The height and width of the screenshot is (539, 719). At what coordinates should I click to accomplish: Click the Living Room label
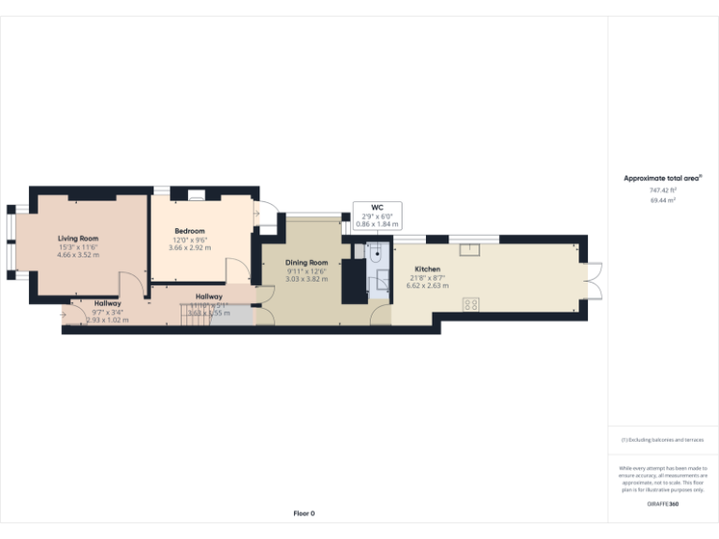coord(78,239)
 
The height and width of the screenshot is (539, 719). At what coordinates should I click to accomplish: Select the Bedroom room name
coord(189,231)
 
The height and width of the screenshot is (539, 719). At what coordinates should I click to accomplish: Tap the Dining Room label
coord(307,263)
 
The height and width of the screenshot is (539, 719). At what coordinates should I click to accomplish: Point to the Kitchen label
coord(427,269)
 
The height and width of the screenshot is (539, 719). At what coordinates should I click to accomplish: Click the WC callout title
coord(377,208)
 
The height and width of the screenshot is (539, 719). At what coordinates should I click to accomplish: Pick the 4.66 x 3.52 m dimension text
coord(78,255)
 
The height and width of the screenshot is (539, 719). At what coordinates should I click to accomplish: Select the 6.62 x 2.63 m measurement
coord(427,285)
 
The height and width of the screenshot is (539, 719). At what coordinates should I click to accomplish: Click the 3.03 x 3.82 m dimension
coord(307,279)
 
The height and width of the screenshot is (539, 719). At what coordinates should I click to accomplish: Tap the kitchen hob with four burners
coord(471,304)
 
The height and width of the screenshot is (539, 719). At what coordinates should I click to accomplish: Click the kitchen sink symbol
coord(470,249)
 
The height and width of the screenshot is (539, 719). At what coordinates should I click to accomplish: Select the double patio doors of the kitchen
coord(592,282)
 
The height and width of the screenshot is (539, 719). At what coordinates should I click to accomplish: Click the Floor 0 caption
coord(304,514)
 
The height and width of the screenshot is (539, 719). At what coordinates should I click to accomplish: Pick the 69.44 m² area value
coord(663,200)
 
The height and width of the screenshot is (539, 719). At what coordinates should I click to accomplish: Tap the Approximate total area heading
coord(663,178)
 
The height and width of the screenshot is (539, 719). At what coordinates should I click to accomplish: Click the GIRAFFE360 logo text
coord(663,504)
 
